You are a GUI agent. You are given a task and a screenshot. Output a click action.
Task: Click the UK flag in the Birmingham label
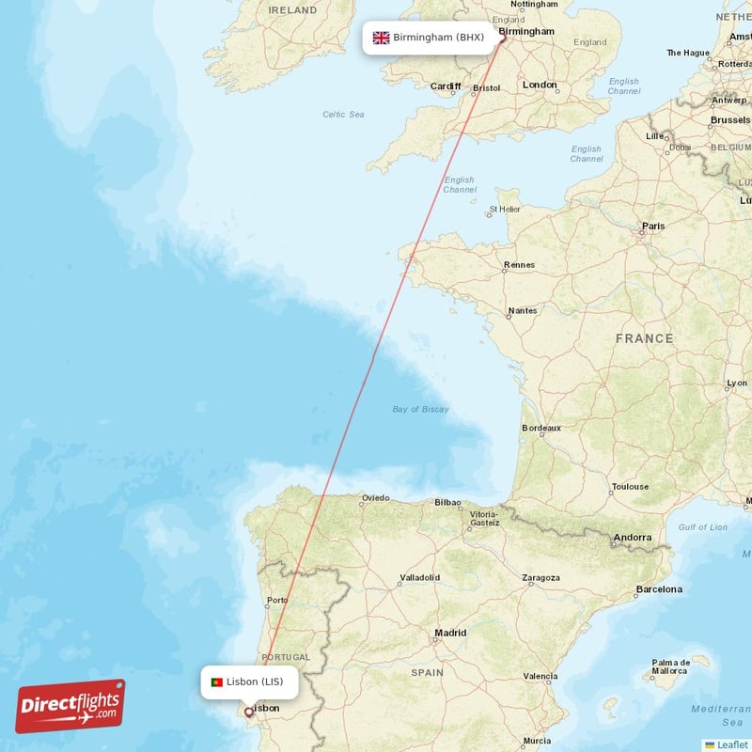381,38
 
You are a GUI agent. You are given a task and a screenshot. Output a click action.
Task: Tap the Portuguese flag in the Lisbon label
216,681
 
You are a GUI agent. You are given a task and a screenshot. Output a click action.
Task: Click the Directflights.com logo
70,706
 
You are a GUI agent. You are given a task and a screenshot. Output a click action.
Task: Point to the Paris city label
652,226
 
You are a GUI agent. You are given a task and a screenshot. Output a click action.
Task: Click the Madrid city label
450,634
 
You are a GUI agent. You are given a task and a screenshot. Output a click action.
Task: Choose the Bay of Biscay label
420,409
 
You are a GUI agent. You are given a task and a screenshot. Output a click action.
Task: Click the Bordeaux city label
540,428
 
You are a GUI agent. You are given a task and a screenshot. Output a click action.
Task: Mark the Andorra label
632,538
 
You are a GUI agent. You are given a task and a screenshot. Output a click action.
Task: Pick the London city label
540,85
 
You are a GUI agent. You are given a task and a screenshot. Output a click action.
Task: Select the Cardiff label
445,86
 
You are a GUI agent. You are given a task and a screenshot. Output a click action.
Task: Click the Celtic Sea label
343,115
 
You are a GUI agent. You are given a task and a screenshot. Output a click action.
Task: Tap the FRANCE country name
644,337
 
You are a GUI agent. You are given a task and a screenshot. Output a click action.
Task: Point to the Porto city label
277,600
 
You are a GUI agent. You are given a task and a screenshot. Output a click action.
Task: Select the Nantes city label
522,310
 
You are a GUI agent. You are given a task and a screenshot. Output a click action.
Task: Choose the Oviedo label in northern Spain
375,498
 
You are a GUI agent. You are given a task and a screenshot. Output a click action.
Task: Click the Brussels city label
730,120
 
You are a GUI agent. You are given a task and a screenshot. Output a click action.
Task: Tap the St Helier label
505,209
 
